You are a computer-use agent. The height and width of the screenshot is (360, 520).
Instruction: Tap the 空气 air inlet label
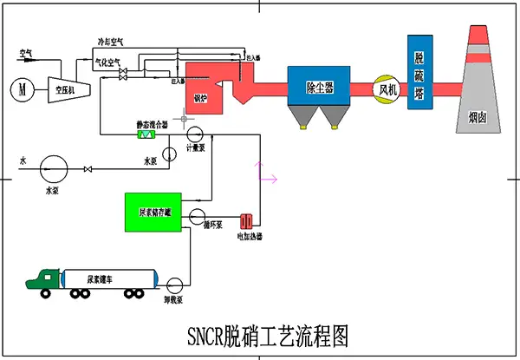[26, 53]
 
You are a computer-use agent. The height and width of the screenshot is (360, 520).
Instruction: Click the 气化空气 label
[108, 62]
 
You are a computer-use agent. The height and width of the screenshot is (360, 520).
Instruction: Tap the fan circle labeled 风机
[386, 88]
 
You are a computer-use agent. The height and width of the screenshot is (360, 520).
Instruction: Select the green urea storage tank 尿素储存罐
[153, 212]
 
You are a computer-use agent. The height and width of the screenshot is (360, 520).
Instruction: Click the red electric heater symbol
[246, 221]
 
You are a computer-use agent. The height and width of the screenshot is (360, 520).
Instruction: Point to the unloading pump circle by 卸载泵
[173, 283]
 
